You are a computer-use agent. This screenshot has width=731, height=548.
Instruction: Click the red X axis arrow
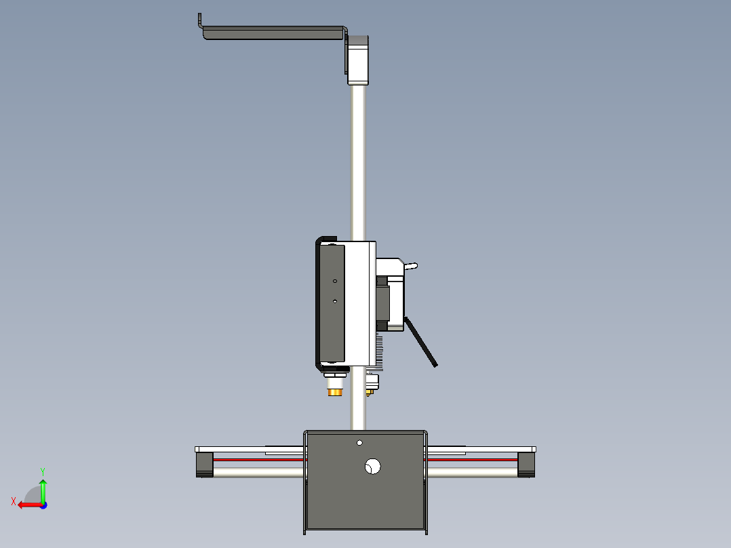(x=31, y=505)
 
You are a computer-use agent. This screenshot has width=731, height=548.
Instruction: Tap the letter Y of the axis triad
(x=43, y=471)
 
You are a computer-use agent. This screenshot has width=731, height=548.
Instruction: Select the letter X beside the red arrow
(x=14, y=501)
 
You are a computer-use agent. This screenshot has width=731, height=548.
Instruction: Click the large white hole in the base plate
(x=372, y=466)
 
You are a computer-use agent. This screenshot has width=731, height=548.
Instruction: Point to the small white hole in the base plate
(x=359, y=443)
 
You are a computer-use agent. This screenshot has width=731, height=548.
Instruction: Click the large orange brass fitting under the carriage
(x=335, y=392)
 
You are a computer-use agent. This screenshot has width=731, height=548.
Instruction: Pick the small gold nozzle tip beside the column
(x=370, y=392)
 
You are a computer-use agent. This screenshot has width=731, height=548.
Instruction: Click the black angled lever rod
(x=420, y=342)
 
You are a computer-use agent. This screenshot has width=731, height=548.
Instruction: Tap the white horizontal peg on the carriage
(x=411, y=267)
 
